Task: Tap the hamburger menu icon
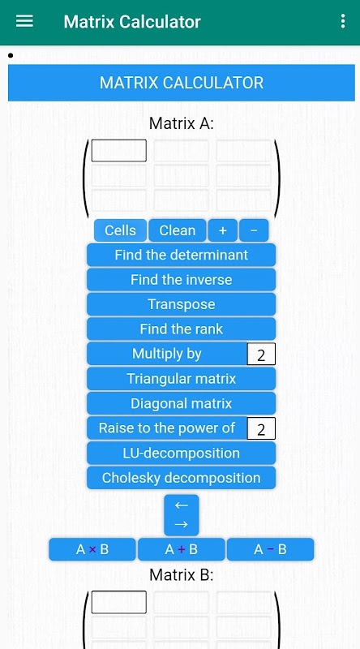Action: [x=24, y=21]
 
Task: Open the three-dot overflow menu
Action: [x=343, y=21]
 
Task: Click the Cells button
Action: [x=120, y=230]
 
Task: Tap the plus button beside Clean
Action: [x=223, y=230]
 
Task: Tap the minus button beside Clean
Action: [x=254, y=230]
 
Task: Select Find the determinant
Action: [x=182, y=255]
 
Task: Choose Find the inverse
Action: [x=182, y=279]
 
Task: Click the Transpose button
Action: [x=182, y=304]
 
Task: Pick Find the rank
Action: [x=182, y=329]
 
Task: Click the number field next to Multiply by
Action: [x=261, y=355]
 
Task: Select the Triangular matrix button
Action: [x=182, y=379]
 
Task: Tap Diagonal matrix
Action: [x=182, y=403]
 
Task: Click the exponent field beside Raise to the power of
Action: [x=261, y=428]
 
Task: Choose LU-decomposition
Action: [x=182, y=453]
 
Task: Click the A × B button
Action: [x=92, y=549]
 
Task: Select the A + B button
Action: [x=182, y=549]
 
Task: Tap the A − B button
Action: [x=270, y=549]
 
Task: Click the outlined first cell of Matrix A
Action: [x=118, y=150]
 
